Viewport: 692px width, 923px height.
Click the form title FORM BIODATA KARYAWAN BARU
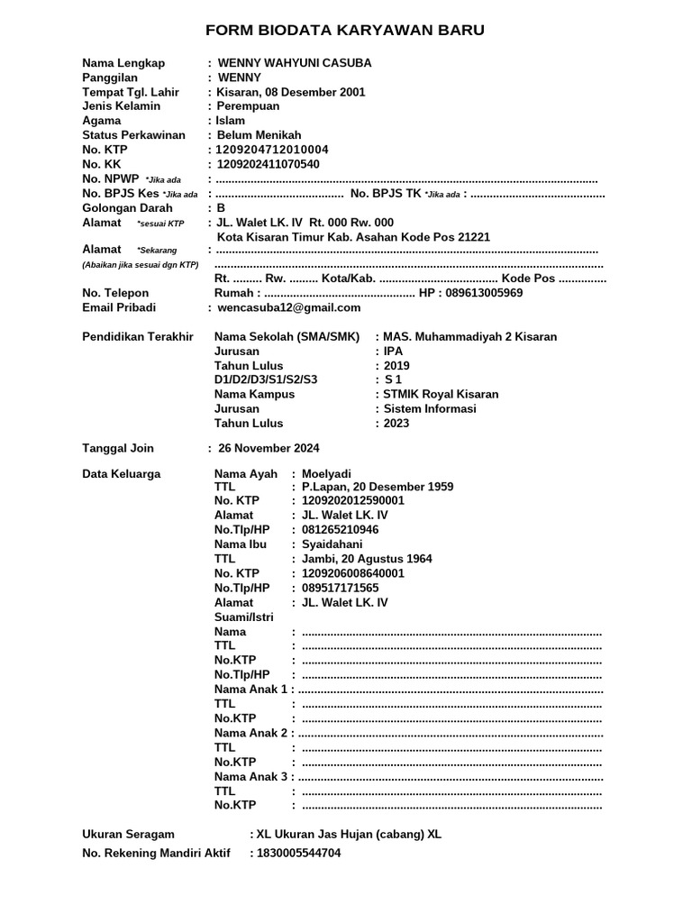(345, 31)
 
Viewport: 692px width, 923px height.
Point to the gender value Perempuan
(248, 106)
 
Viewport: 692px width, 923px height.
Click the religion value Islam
(230, 121)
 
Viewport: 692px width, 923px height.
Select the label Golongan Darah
(127, 207)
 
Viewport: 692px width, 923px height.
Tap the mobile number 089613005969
(484, 293)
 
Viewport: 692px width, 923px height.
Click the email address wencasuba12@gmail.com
(277, 307)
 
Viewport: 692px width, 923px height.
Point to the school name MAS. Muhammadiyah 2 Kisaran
(469, 336)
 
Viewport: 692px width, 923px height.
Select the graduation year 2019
(396, 365)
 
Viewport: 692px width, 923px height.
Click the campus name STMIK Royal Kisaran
(441, 394)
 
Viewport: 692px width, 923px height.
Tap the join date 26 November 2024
(269, 448)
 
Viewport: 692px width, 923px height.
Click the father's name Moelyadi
(326, 473)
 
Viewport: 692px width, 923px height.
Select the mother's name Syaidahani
(332, 544)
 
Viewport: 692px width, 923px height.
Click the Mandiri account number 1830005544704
(298, 853)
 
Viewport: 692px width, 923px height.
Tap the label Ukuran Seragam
(128, 835)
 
